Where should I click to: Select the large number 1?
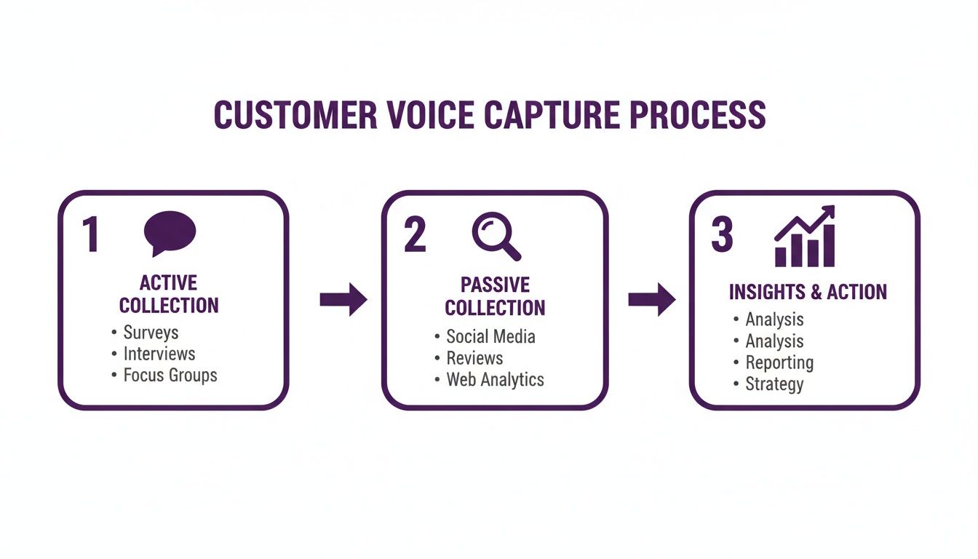[90, 235]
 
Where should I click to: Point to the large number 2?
[414, 235]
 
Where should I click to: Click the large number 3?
[721, 235]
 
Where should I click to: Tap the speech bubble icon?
[170, 233]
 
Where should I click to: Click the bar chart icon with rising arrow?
[805, 237]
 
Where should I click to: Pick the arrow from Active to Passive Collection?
[343, 300]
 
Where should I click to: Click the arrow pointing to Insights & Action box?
[651, 300]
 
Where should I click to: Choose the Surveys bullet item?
[151, 333]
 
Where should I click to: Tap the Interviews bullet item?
[159, 354]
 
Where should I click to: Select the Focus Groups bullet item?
[170, 376]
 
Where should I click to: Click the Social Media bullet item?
[490, 336]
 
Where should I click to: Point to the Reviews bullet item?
[474, 358]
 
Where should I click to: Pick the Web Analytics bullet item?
[495, 379]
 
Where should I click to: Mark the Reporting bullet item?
[779, 362]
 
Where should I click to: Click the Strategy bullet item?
[774, 384]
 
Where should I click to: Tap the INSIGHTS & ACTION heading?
[808, 292]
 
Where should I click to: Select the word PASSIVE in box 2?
[495, 285]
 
